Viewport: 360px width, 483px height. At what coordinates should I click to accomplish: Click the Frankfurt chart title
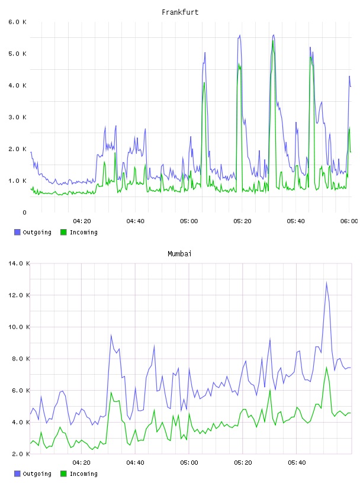180,12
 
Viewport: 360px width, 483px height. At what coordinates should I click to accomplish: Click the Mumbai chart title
179,254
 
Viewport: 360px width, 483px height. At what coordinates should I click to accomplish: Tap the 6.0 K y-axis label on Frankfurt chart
17,22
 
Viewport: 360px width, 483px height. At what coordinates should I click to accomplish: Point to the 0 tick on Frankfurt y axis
24,212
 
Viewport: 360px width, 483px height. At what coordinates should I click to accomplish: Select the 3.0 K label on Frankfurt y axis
17,117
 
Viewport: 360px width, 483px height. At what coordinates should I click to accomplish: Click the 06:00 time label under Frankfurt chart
349,221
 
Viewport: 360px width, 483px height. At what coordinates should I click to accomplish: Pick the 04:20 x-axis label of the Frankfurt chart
82,221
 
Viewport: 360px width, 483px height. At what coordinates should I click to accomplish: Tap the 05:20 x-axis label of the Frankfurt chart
242,221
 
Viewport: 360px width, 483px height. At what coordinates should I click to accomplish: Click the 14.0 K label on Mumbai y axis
19,263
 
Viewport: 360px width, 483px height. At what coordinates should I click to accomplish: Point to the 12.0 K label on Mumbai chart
19,295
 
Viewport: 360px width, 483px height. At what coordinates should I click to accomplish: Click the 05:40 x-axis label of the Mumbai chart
297,463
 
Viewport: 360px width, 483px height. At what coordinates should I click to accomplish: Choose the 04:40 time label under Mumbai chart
136,463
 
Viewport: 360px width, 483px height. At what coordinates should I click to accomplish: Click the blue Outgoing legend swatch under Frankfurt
17,232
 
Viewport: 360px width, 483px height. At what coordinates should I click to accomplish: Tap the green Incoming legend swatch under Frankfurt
63,232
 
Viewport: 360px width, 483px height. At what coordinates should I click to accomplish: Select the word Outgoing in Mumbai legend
37,474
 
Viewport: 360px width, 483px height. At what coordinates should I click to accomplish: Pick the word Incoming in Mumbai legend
83,474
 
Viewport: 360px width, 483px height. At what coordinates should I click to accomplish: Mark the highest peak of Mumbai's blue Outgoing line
326,282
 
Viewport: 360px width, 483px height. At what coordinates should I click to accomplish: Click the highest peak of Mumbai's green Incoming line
326,367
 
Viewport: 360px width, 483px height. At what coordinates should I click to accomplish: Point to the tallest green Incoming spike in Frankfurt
273,40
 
